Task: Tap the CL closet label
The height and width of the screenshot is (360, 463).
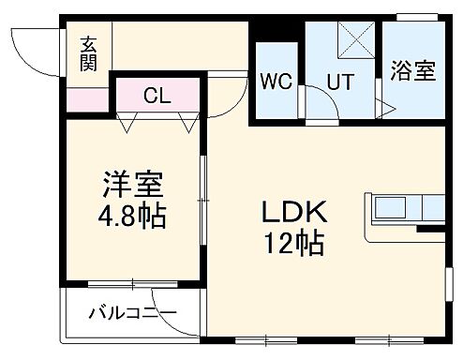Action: (x=157, y=95)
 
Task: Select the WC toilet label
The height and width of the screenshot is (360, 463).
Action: (x=276, y=82)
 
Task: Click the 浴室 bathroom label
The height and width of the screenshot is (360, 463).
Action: (x=412, y=70)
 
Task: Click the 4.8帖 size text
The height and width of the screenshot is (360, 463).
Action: (x=130, y=217)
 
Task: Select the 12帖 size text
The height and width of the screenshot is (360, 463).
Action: (x=292, y=245)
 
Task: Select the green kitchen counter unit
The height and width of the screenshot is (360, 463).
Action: (x=411, y=208)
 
